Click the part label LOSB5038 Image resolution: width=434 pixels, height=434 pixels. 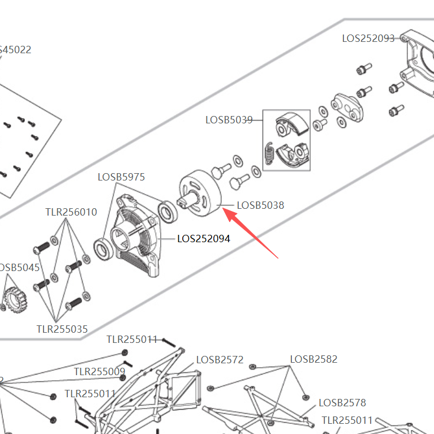[x=260, y=205]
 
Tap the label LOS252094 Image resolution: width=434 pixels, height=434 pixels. [x=204, y=239]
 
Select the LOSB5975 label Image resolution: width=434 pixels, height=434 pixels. [x=121, y=177]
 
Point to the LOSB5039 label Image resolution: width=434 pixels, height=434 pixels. [x=229, y=120]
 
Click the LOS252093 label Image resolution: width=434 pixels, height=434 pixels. [x=368, y=38]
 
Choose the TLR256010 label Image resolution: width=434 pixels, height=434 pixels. [x=71, y=212]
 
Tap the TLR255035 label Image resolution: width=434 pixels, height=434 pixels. [x=62, y=329]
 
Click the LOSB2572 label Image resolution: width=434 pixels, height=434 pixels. [x=220, y=360]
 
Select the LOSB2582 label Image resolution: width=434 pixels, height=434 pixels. [x=313, y=359]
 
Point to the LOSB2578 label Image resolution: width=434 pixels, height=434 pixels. [x=342, y=403]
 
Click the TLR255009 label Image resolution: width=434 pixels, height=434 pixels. [x=100, y=372]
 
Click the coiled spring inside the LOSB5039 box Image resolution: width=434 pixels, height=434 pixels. [x=270, y=152]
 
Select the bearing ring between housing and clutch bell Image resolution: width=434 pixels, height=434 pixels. [x=167, y=212]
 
